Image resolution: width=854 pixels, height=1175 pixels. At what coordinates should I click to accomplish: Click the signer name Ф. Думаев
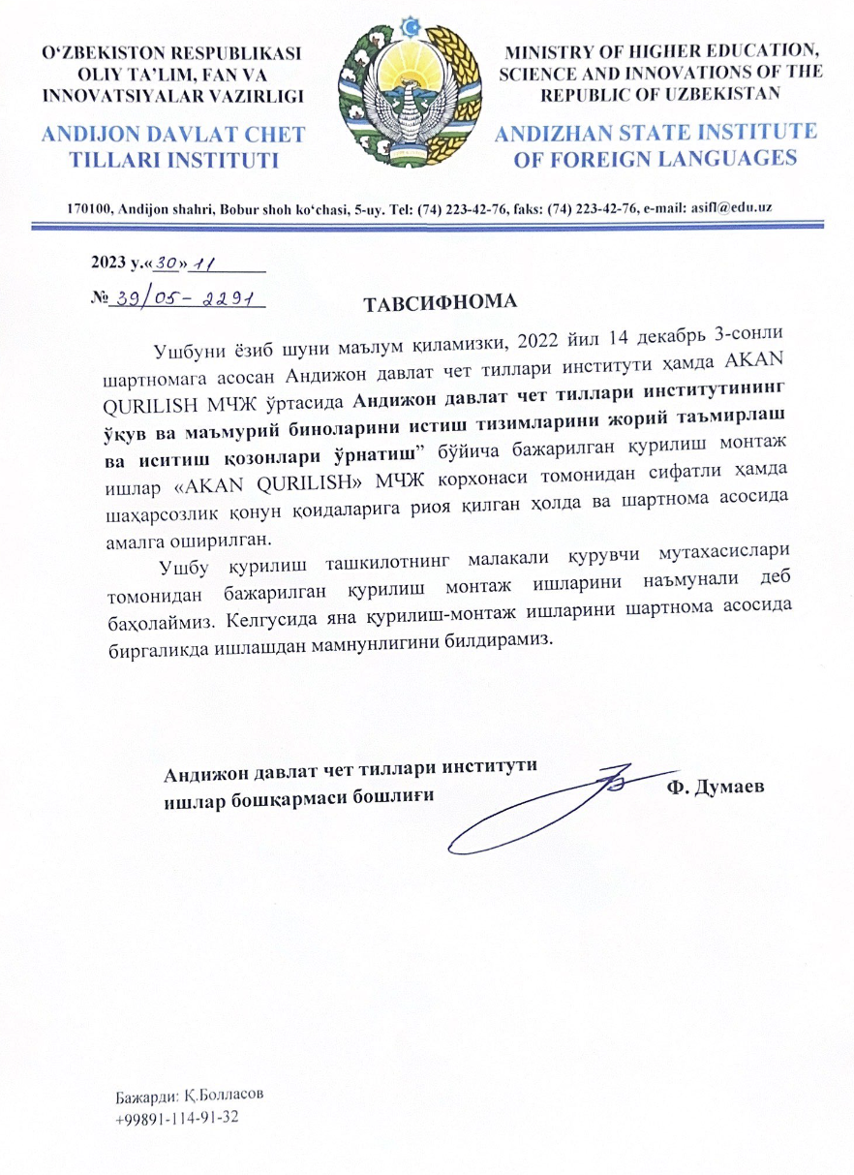pyautogui.click(x=716, y=787)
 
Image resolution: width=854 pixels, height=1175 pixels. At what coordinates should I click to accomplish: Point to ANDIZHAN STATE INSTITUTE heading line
pyautogui.click(x=656, y=133)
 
